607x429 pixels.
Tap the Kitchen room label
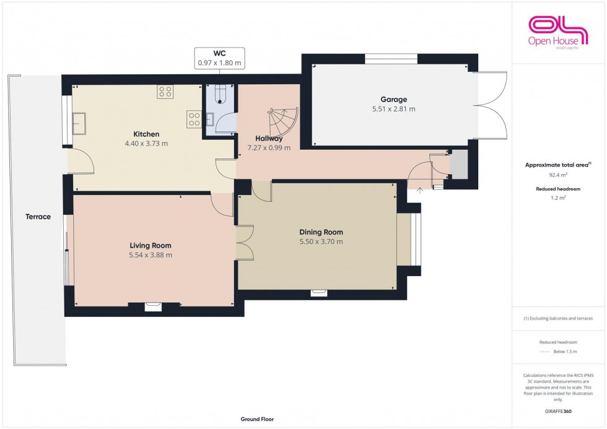click(x=146, y=134)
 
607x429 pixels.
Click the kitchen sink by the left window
click(x=80, y=123)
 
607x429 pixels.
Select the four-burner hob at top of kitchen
click(x=165, y=92)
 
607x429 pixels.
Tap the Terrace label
click(x=38, y=217)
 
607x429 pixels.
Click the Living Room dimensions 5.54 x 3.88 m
click(x=151, y=255)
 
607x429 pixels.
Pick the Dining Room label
click(x=320, y=232)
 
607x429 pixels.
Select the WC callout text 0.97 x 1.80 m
click(x=219, y=63)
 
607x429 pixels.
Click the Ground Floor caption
click(x=257, y=419)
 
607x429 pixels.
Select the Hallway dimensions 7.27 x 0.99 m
click(x=269, y=148)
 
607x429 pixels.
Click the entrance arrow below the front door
click(x=420, y=191)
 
